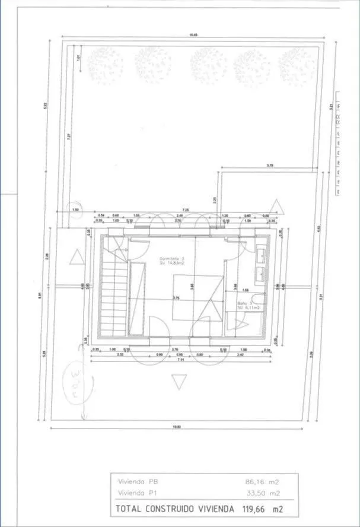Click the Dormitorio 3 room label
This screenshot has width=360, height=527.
[172, 259]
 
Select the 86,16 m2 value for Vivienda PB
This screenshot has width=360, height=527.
[262, 481]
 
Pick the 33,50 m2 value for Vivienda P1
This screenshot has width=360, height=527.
[262, 493]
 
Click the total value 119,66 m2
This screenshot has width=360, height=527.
[262, 509]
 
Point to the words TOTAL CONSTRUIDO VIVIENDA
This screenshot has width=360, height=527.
[176, 509]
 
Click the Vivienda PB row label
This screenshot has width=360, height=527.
[138, 481]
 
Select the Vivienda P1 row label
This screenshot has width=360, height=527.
[138, 493]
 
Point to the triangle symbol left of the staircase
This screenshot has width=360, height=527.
[76, 258]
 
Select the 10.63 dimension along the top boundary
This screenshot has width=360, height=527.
[193, 35]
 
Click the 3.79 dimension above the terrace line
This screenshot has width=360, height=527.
[270, 165]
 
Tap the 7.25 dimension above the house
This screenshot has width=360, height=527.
[185, 209]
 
